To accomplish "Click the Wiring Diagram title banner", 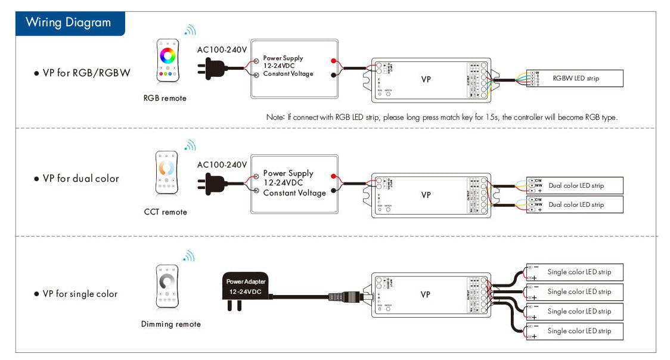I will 69,23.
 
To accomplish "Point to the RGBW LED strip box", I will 575,78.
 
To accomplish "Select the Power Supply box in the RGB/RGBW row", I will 295,69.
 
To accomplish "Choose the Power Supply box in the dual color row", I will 295,184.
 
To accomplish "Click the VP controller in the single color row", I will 431,294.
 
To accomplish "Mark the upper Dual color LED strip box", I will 575,185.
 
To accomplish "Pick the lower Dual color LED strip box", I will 575,204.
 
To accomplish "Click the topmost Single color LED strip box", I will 575,272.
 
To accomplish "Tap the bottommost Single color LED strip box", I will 575,331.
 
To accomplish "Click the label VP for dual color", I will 80,178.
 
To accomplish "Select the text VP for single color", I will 80,294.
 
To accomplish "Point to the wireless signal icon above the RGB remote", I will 190,30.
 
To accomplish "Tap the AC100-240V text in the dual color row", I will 222,165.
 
